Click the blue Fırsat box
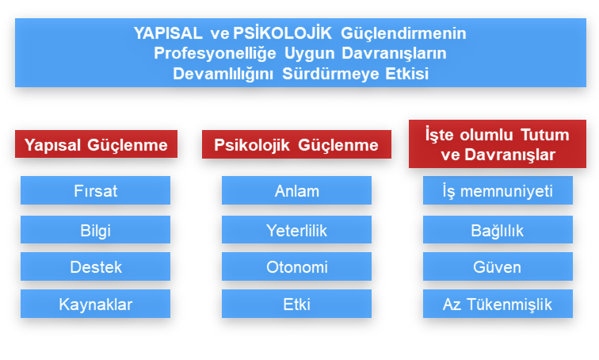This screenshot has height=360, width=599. tap(96, 190)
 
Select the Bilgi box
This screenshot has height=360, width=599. tap(96, 230)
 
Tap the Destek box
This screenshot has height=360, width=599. tap(96, 266)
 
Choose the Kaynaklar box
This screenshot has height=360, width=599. tap(96, 304)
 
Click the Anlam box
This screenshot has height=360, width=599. tap(297, 190)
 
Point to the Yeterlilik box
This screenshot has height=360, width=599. tap(297, 230)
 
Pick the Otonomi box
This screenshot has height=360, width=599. tap(297, 266)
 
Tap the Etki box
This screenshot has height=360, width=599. tap(297, 304)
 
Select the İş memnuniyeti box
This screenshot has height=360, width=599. tap(498, 190)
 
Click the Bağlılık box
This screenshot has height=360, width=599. tap(498, 230)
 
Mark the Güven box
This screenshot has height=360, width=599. tap(498, 266)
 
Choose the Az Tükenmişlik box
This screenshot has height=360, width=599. tap(498, 304)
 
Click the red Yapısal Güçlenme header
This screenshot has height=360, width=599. tap(97, 144)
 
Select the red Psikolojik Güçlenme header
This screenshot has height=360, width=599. tap(297, 144)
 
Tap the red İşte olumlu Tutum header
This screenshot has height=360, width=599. tap(498, 144)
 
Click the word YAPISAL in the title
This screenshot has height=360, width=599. tap(168, 33)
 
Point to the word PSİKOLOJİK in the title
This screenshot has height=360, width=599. tap(282, 33)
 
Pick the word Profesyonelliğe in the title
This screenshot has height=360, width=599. tap(215, 53)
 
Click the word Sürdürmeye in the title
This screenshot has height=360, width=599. tap(330, 74)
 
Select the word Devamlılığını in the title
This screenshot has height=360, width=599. tap(223, 74)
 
